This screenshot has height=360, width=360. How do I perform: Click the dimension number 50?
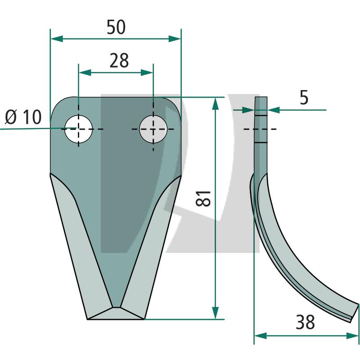pyautogui.click(x=116, y=27)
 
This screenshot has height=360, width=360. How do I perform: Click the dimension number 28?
pyautogui.click(x=119, y=61)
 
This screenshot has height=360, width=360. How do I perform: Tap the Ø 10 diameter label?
pyautogui.click(x=23, y=117)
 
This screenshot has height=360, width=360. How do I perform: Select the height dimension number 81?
pyautogui.click(x=203, y=198)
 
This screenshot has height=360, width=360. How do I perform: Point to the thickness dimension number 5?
pyautogui.click(x=304, y=98)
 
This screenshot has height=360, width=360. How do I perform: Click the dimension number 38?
pyautogui.click(x=305, y=322)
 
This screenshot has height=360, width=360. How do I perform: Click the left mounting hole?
pyautogui.click(x=78, y=129)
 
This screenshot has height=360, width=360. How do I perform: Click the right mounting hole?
pyautogui.click(x=153, y=129)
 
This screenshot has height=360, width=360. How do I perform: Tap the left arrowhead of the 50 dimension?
pyautogui.click(x=57, y=39)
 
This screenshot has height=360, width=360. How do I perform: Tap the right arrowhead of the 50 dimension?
pyautogui.click(x=175, y=39)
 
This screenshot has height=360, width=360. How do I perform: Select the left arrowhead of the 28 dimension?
pyautogui.click(x=85, y=72)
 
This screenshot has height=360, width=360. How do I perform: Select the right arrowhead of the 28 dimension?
pyautogui.click(x=147, y=72)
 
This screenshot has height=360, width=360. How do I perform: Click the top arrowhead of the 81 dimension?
pyautogui.click(x=215, y=104)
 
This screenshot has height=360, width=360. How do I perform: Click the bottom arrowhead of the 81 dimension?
pyautogui.click(x=215, y=313)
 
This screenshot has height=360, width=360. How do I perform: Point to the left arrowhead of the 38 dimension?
pyautogui.click(x=261, y=336)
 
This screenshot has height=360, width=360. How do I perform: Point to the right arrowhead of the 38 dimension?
pyautogui.click(x=352, y=336)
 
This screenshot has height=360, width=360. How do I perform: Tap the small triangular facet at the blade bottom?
pyautogui.click(x=116, y=314)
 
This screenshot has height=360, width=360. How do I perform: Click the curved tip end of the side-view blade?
pyautogui.click(x=354, y=313)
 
